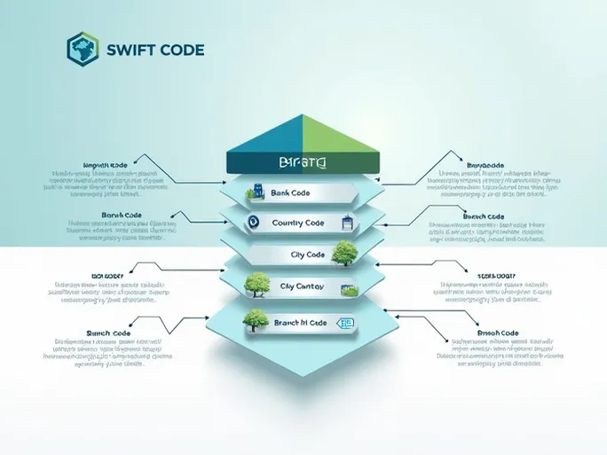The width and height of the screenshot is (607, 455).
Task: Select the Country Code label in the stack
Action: click(x=299, y=223)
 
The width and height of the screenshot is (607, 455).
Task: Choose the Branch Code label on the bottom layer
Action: click(x=301, y=324)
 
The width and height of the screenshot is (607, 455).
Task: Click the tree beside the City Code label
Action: click(x=346, y=252)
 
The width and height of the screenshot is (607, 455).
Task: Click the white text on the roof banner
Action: click(x=302, y=163)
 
